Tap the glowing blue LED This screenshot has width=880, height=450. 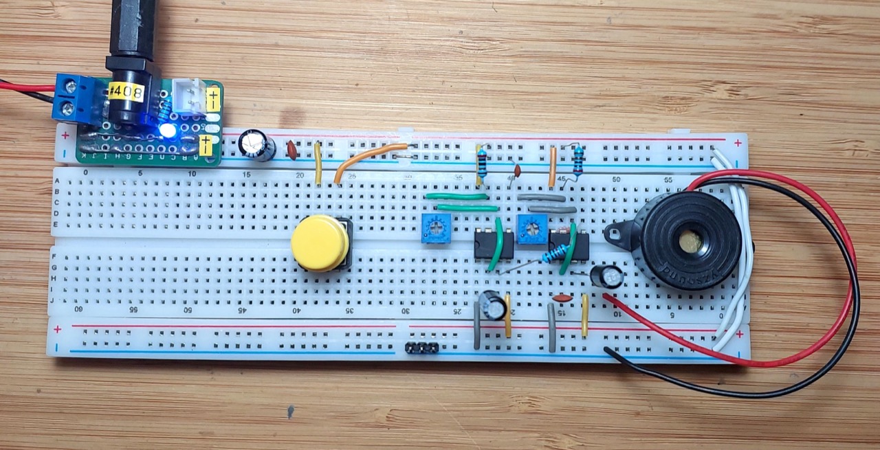pyautogui.click(x=166, y=130)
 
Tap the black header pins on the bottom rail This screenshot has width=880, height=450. pyautogui.click(x=422, y=348)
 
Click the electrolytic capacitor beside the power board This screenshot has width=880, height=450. pyautogui.click(x=257, y=146)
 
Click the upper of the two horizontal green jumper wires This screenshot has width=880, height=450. pyautogui.click(x=457, y=196)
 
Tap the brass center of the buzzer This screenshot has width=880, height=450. pyautogui.click(x=690, y=241)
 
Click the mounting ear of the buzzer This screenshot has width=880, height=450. pyautogui.click(x=616, y=233)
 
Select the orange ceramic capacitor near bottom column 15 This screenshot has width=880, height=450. pyautogui.click(x=562, y=298)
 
